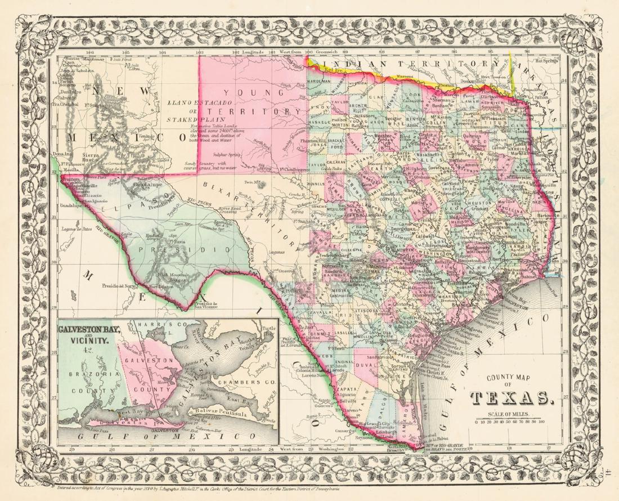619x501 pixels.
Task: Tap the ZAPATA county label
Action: click(x=349, y=388)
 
